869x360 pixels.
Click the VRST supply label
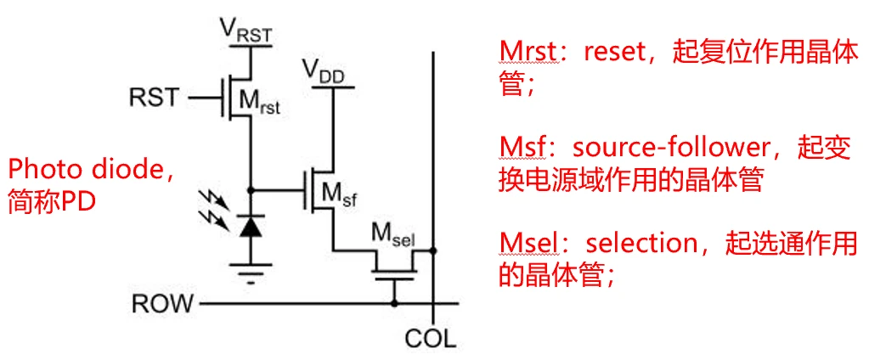coord(247,31)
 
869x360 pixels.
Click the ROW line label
coord(162,303)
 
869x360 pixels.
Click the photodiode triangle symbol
coord(250,226)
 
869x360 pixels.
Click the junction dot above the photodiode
coord(250,189)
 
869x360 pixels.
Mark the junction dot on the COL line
coord(433,251)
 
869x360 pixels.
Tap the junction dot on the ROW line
coord(394,302)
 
